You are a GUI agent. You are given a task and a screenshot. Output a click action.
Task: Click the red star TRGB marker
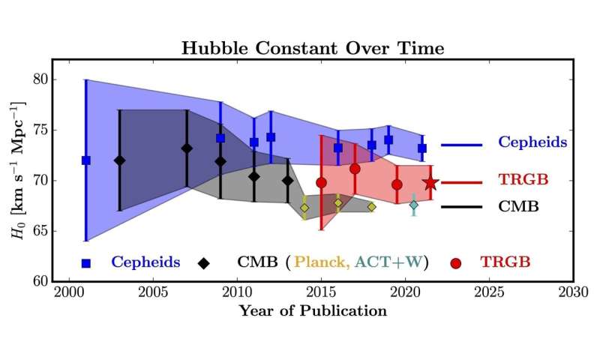tap(430, 183)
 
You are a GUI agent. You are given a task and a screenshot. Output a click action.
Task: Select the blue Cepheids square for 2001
tap(85, 160)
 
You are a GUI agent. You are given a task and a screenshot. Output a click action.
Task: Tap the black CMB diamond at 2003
tap(119, 160)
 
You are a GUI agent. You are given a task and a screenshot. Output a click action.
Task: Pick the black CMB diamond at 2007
tap(187, 148)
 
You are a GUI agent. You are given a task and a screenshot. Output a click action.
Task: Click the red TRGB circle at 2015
tap(322, 182)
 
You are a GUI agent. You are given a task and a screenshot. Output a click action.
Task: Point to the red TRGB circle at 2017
tap(355, 169)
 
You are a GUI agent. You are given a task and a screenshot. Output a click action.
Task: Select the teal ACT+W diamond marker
tap(413, 205)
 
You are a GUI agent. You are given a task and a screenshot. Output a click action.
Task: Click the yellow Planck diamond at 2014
tap(304, 208)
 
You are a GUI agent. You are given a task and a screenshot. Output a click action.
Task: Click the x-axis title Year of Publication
tap(313, 310)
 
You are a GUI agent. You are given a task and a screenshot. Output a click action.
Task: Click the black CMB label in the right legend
tap(518, 205)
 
